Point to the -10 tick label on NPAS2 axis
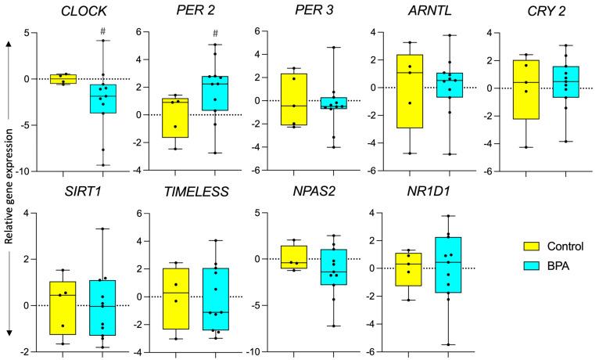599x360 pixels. (253, 351)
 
